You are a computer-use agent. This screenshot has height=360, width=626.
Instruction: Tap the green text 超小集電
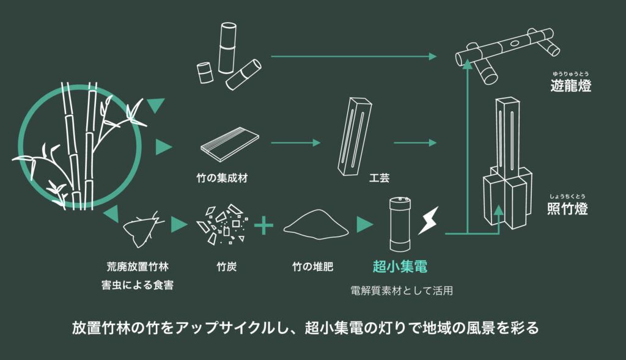(400, 267)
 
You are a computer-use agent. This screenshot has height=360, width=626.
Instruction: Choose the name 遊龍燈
(570, 86)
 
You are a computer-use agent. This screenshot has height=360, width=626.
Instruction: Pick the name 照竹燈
(567, 209)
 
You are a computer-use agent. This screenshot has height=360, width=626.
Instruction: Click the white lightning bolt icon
(429, 221)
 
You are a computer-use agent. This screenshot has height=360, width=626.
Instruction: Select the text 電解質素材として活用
(401, 291)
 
